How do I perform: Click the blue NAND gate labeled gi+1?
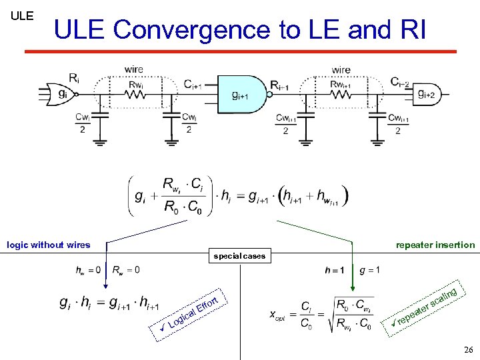[x=240, y=95]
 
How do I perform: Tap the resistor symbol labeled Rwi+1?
[x=341, y=94]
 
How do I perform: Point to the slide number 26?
[x=467, y=349]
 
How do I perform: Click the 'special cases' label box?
[x=239, y=255]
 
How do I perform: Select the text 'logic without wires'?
[x=48, y=245]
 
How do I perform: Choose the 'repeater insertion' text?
[x=435, y=245]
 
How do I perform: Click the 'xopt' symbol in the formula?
[x=277, y=315]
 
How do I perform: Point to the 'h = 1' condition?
[x=335, y=270]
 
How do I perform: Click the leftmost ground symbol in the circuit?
[x=102, y=141]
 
